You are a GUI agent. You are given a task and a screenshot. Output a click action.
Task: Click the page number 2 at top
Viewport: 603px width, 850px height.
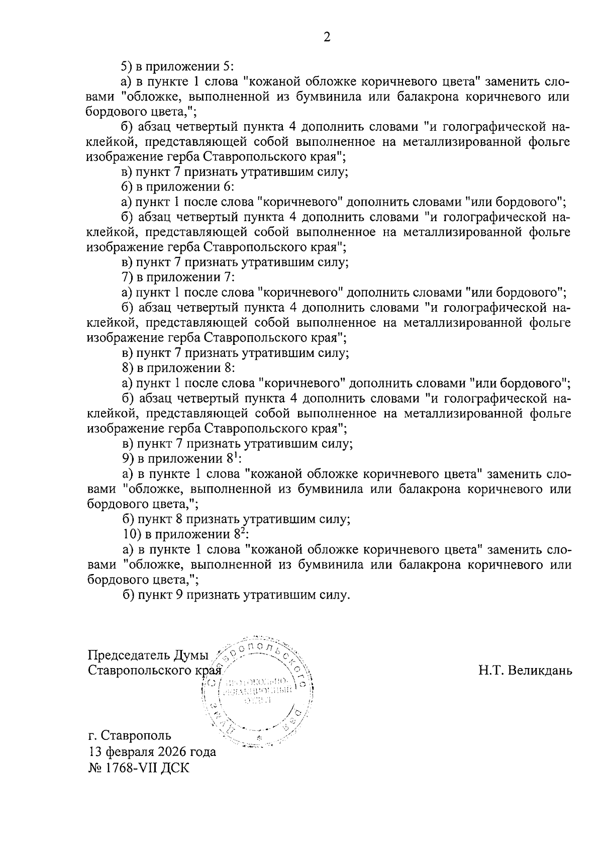(x=327, y=37)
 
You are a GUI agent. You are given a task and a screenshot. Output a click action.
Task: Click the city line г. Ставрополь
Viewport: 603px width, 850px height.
(x=130, y=735)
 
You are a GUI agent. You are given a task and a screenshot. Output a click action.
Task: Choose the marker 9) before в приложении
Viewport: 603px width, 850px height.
(x=128, y=458)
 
